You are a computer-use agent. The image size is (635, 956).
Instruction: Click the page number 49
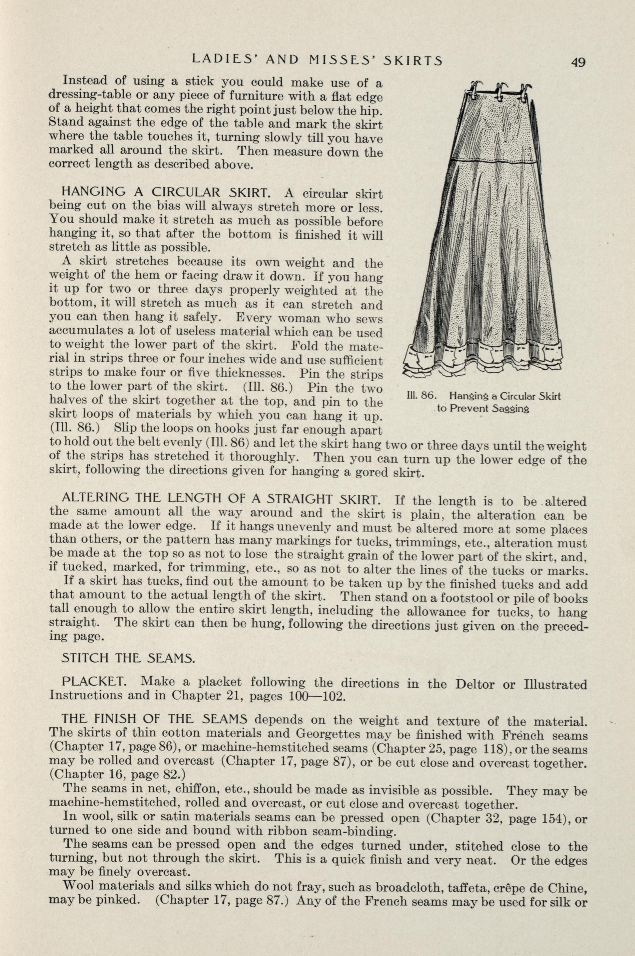click(578, 62)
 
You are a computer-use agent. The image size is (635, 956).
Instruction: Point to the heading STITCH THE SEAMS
click(128, 659)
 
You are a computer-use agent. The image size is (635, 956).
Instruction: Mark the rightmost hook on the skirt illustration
click(526, 90)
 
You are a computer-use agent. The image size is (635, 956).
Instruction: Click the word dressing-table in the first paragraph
click(88, 95)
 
